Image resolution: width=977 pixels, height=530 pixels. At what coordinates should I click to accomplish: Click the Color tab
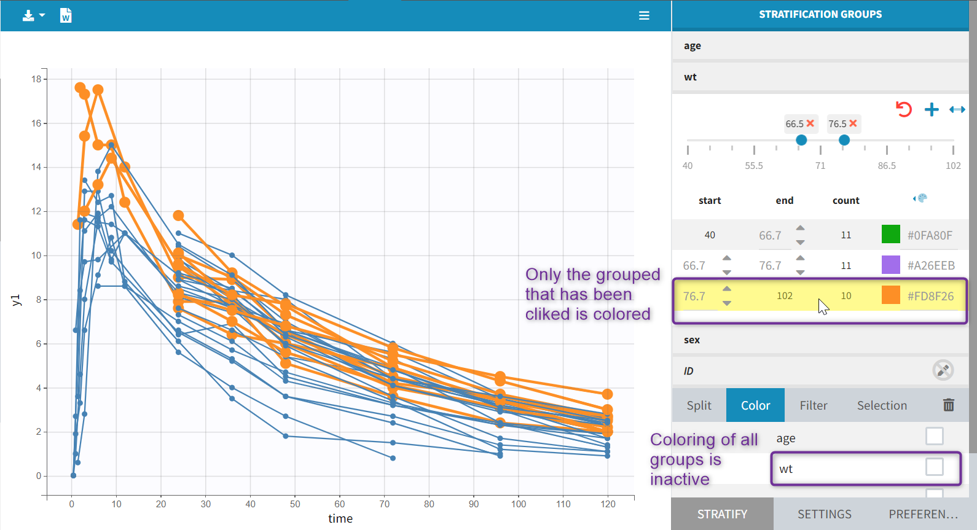coord(755,405)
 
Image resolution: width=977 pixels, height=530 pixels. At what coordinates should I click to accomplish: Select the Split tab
coord(699,405)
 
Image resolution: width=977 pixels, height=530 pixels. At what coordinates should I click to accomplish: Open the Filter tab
coord(813,405)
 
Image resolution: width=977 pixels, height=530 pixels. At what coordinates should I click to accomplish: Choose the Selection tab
coord(882,405)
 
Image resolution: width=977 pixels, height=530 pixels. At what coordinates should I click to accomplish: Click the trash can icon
coord(949,405)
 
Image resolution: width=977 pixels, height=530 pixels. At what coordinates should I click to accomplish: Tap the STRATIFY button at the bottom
coord(722,514)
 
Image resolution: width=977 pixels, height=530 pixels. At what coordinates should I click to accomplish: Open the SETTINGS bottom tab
coord(824,514)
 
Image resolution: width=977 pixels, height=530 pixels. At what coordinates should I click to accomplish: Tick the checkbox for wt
coord(934,467)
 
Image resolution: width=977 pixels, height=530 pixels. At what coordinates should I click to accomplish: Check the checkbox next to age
coord(934,436)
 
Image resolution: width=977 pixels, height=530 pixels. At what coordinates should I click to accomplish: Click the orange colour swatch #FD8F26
coord(890,295)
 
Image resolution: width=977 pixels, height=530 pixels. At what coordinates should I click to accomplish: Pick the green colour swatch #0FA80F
coord(890,234)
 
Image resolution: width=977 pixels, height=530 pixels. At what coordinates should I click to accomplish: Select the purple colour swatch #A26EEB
coord(890,265)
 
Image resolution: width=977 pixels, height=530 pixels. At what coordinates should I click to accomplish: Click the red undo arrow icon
coord(903,109)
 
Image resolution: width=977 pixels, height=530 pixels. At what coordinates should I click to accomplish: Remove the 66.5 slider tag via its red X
coord(810,123)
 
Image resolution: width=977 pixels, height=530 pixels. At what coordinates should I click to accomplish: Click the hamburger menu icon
coord(644,15)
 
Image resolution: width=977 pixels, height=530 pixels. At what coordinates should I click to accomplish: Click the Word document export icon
coord(66,15)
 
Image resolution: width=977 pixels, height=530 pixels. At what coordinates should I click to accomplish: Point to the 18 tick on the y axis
coord(37,79)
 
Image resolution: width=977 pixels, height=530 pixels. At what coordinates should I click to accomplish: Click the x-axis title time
coord(340,519)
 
